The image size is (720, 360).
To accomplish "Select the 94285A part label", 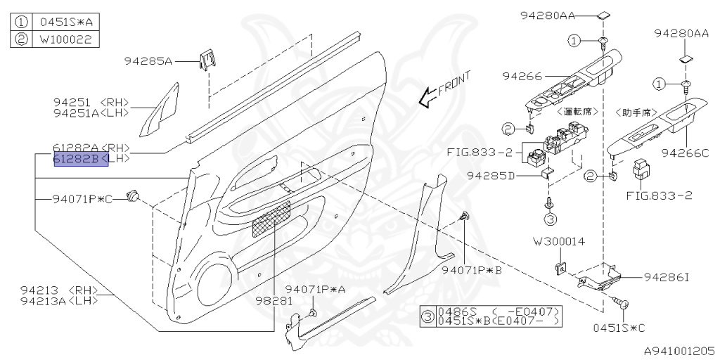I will (149, 61).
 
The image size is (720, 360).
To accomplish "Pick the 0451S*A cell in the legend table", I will (65, 22).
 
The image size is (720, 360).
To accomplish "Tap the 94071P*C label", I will (82, 199).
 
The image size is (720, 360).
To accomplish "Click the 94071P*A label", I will (316, 289).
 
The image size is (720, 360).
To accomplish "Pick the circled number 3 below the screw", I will (550, 219).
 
